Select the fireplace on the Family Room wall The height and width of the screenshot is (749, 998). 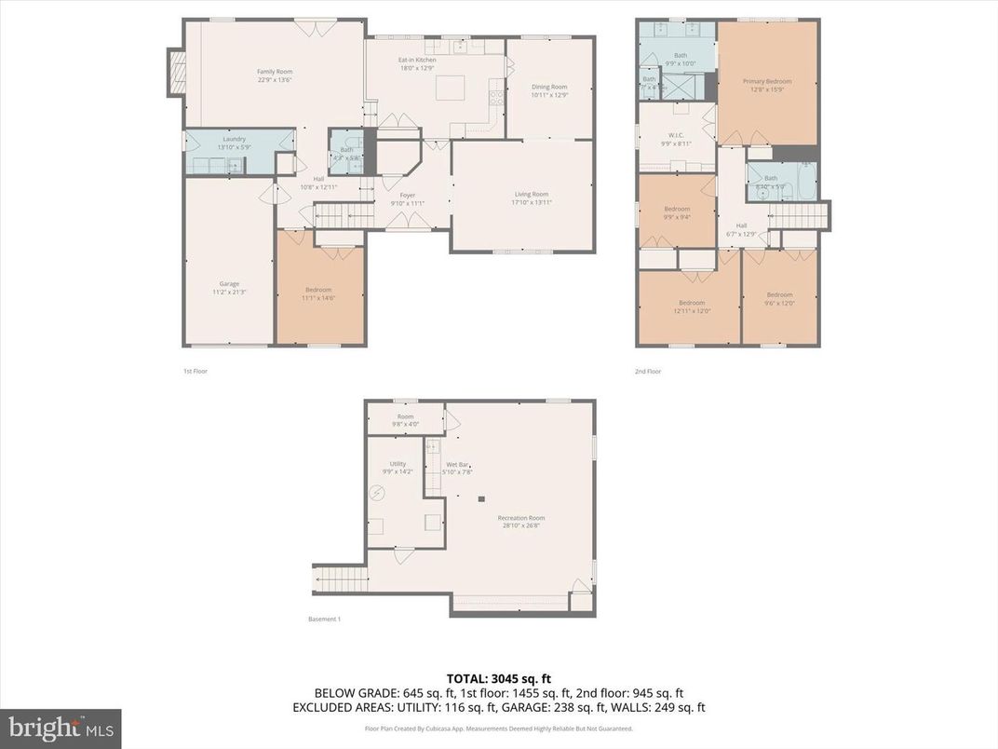pyautogui.click(x=176, y=72)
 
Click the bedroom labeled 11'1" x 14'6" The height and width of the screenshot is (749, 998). pyautogui.click(x=318, y=293)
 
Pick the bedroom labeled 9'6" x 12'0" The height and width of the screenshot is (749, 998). pyautogui.click(x=779, y=298)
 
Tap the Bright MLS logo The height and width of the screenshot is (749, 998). pyautogui.click(x=61, y=728)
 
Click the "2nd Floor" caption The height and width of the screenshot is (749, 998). pyautogui.click(x=648, y=372)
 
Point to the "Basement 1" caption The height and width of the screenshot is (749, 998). pyautogui.click(x=324, y=620)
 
